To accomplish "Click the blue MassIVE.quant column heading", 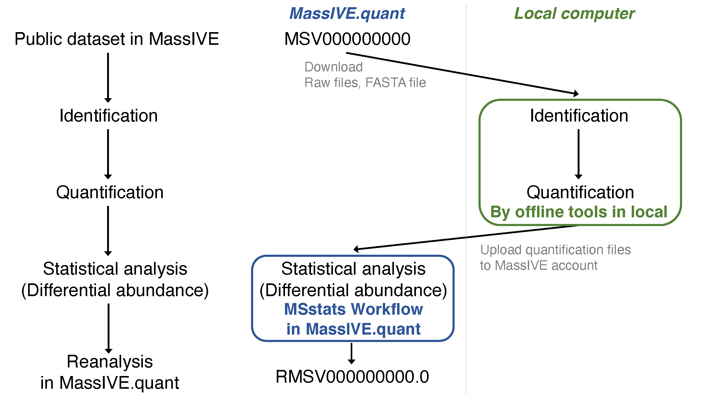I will tap(347, 14).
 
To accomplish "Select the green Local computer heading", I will tap(574, 14).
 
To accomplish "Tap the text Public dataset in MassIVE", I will tap(117, 39).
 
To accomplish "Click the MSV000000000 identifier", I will tap(347, 39).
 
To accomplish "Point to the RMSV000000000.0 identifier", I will tap(352, 377).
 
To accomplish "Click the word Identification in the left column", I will tap(109, 116).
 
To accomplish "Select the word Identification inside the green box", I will tap(579, 116).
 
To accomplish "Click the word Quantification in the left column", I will tap(110, 192).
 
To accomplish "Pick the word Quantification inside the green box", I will tap(580, 192).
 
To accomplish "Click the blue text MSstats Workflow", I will tap(354, 309).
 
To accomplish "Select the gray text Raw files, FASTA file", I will tap(365, 83).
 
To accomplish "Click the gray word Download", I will tap(333, 67).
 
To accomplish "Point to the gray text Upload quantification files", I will tap(555, 250).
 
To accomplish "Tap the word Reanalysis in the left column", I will tap(110, 362).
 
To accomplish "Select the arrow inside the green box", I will tap(578, 154).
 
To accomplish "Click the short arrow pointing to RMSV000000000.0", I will tap(352, 353).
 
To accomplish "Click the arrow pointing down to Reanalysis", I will tap(109, 328).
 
